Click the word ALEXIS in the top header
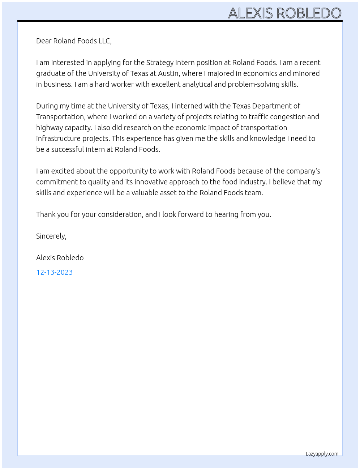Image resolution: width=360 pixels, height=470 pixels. [x=250, y=13]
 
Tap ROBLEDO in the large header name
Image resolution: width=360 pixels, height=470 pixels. [x=309, y=13]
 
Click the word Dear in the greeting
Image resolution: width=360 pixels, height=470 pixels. [x=44, y=41]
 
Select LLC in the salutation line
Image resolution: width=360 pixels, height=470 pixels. [x=104, y=41]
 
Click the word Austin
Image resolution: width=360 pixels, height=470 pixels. [x=168, y=73]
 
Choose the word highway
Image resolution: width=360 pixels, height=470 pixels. [x=49, y=128]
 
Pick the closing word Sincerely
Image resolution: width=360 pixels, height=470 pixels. [x=51, y=236]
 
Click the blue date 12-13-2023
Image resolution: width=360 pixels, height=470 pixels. [x=54, y=272]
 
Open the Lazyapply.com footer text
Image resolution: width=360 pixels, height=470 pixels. [x=322, y=454]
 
